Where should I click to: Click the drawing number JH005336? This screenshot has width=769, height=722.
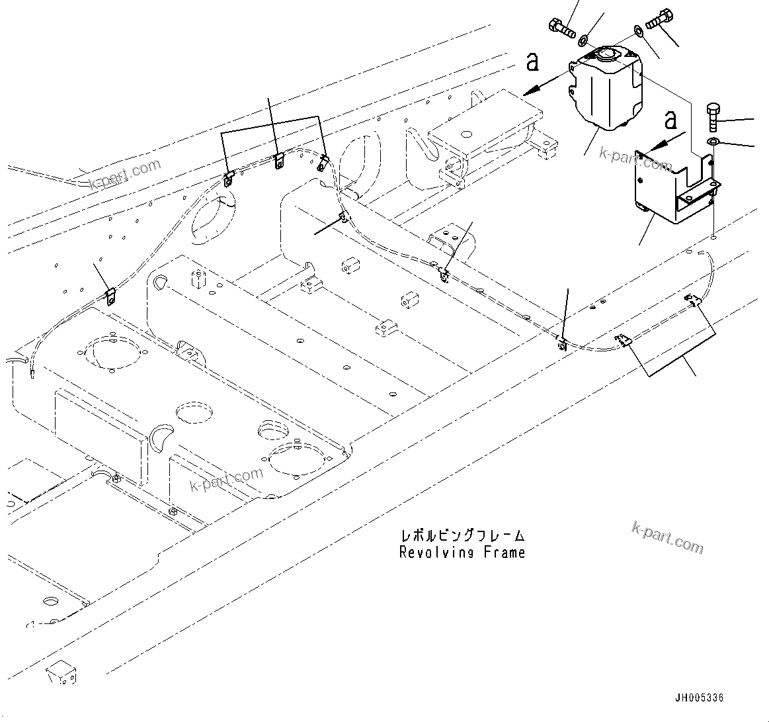click(x=700, y=698)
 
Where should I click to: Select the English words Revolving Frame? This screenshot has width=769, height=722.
click(x=462, y=553)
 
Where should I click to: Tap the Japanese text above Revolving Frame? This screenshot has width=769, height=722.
click(x=462, y=535)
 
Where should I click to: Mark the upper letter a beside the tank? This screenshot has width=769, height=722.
click(x=533, y=62)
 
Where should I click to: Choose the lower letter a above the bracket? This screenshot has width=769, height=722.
click(x=670, y=121)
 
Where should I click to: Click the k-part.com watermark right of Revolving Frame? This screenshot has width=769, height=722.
click(x=667, y=536)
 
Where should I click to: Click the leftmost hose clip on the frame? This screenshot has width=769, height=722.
click(x=111, y=296)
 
